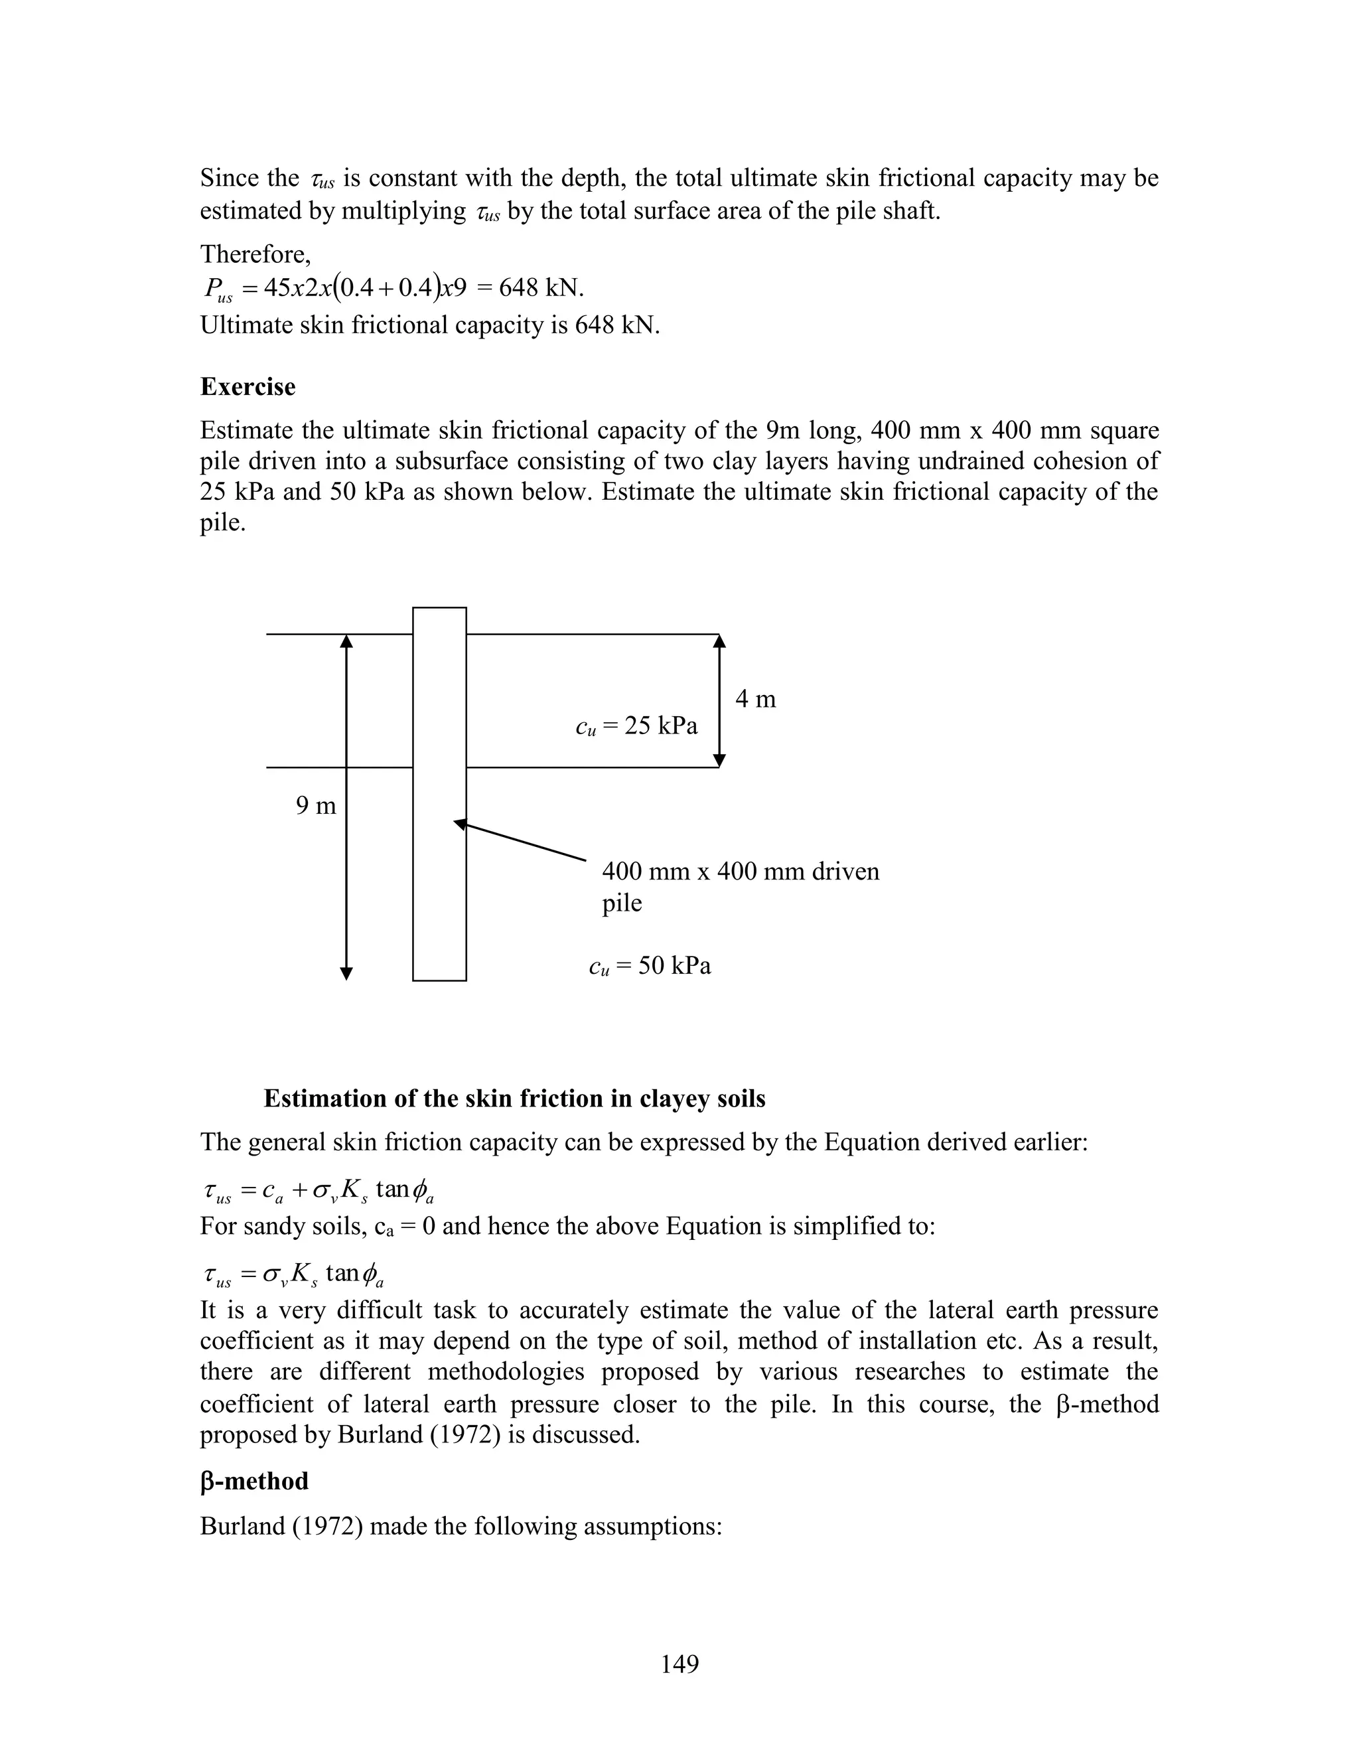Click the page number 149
tap(679, 1663)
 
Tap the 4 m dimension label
tap(755, 699)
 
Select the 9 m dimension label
tap(316, 805)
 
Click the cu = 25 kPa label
tap(636, 726)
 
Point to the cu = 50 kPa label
tap(650, 965)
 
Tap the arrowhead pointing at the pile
tap(460, 823)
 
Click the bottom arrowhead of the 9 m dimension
tap(346, 973)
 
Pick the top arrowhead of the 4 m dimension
tap(720, 641)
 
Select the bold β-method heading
tap(253, 1481)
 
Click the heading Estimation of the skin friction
tap(514, 1099)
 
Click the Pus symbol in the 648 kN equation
tap(218, 290)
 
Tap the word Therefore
tap(254, 254)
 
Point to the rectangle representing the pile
tap(439, 886)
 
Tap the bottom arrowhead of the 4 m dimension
tap(720, 760)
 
